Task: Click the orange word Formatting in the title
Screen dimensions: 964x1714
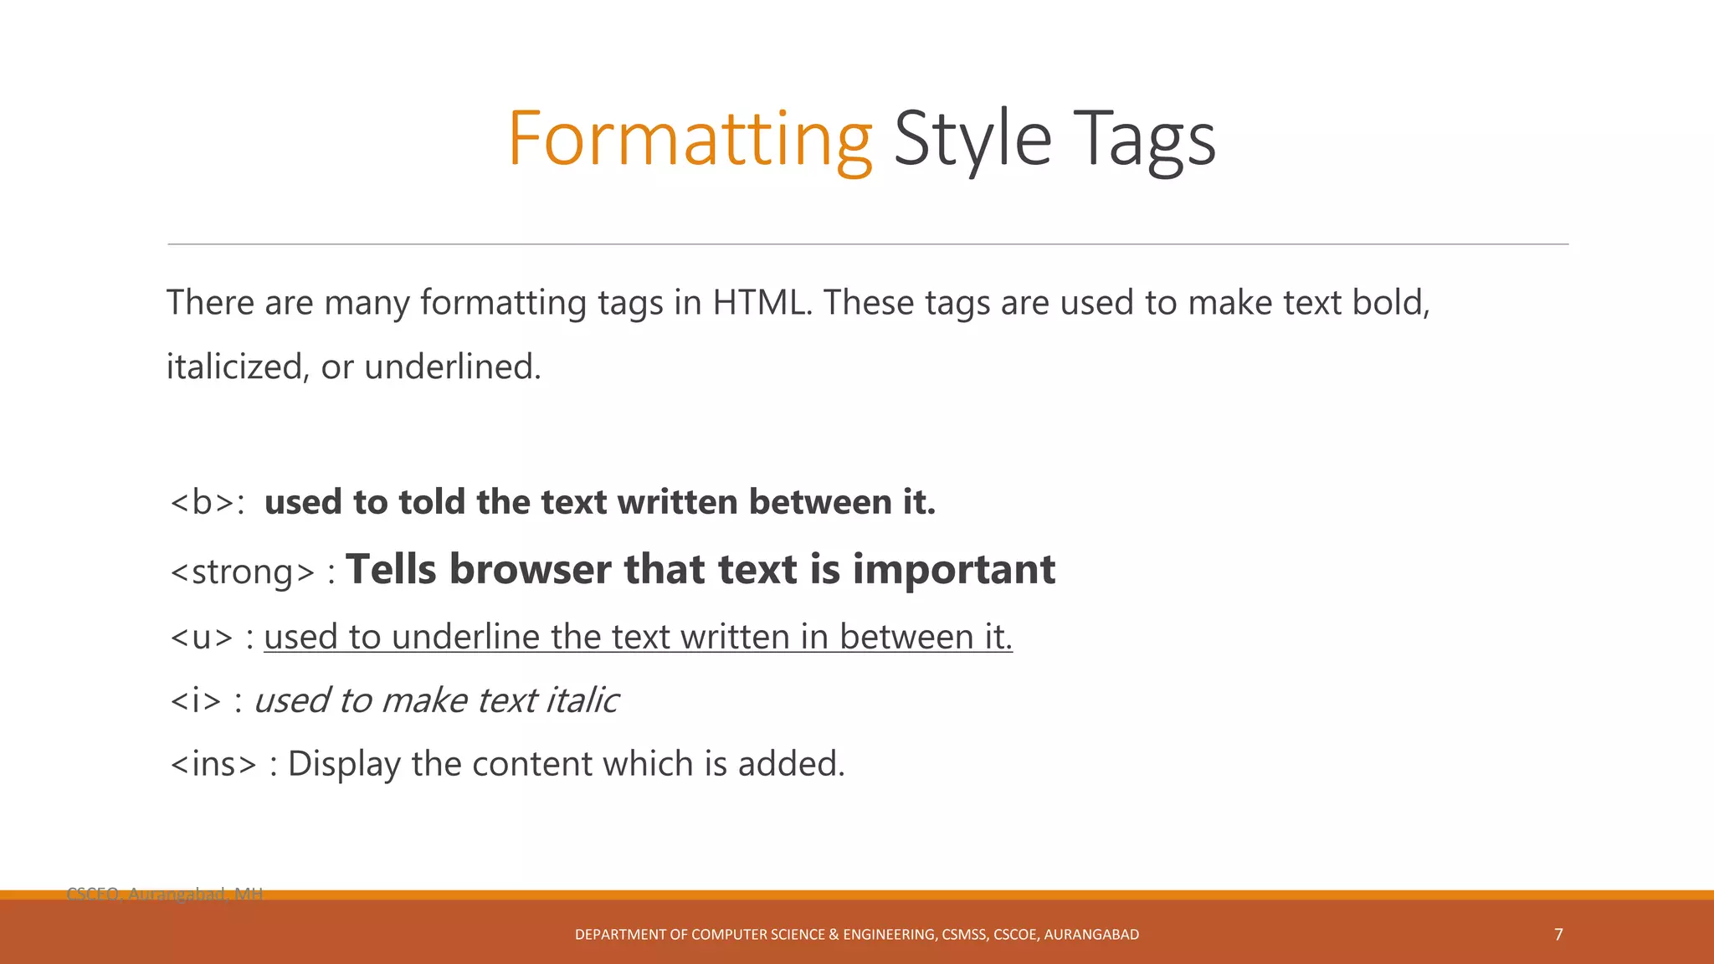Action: tap(690, 139)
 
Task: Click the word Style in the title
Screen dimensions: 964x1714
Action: tap(972, 139)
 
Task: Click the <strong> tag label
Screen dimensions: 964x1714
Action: tap(243, 572)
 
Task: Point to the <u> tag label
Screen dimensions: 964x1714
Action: tap(202, 638)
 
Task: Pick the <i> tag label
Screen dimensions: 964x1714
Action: tap(196, 700)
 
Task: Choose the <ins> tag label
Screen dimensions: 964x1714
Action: tap(213, 764)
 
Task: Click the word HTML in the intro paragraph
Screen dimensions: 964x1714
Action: tap(762, 302)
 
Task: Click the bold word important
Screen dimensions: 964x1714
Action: tap(953, 569)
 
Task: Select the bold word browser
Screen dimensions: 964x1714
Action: tap(529, 569)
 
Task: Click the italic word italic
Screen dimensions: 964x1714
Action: tap(582, 700)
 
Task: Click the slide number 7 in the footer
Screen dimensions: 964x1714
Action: tap(1558, 934)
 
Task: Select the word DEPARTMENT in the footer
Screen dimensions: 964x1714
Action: tap(619, 935)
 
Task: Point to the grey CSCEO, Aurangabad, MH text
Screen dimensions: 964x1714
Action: tap(165, 894)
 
